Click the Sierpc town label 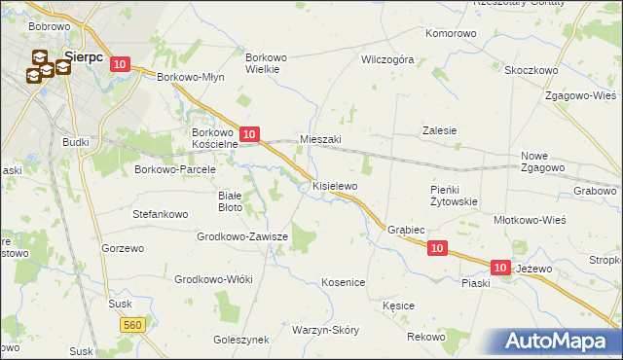click(x=84, y=55)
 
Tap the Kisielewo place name click(x=335, y=185)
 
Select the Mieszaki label click(x=320, y=139)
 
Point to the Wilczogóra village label click(x=387, y=59)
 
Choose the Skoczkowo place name click(x=531, y=70)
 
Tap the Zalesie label click(x=439, y=130)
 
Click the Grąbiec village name click(x=406, y=231)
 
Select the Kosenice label click(x=343, y=282)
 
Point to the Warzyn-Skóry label click(x=325, y=330)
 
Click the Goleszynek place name click(x=240, y=341)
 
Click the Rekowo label click(x=426, y=337)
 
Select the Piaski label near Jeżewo click(x=476, y=283)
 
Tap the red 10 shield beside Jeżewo click(x=500, y=267)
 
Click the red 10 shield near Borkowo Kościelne click(x=249, y=134)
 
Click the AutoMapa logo click(x=559, y=341)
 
